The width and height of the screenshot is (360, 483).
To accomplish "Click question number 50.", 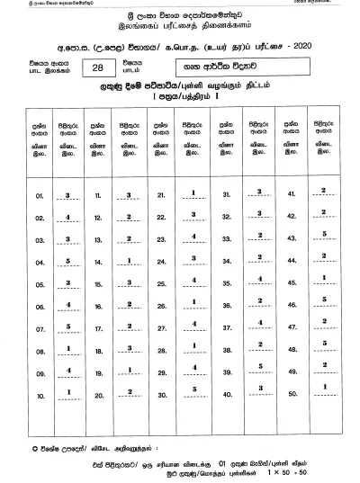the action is coord(291,394).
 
